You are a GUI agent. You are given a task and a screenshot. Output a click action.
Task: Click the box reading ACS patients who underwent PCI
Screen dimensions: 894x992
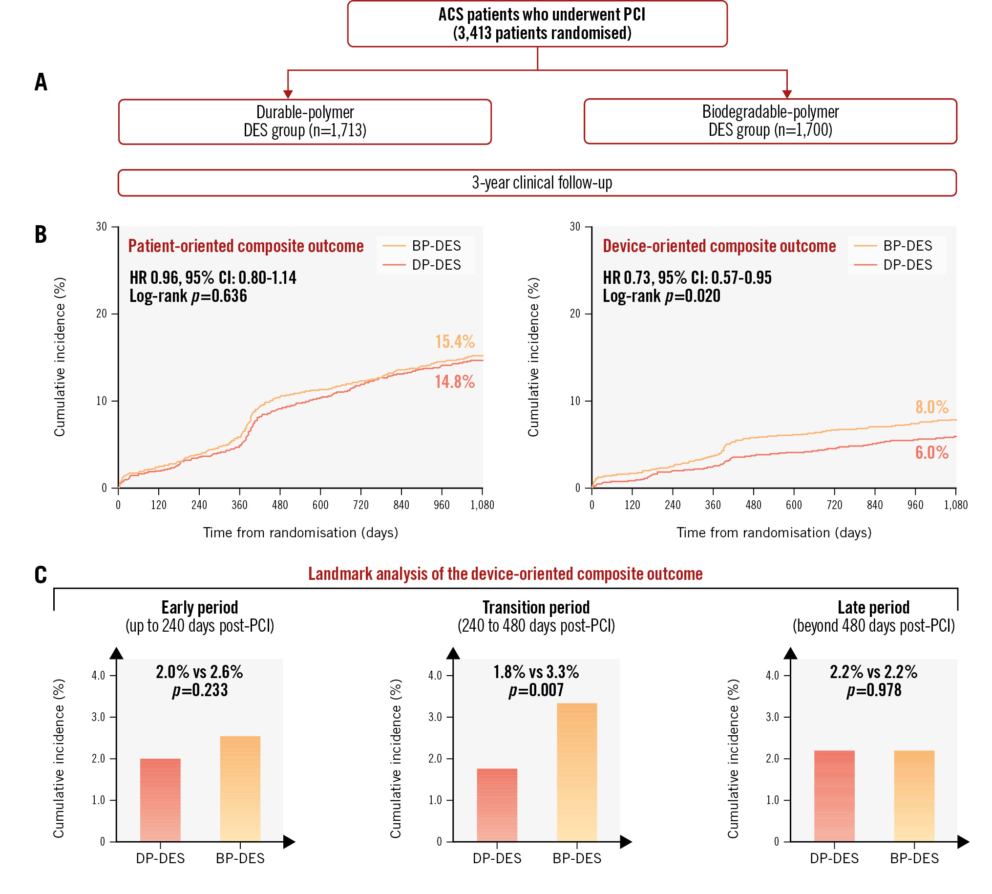click(x=537, y=24)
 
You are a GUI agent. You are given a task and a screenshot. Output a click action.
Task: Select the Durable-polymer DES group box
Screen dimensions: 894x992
click(x=305, y=122)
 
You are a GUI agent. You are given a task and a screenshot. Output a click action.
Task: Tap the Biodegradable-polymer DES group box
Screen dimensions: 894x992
click(x=770, y=121)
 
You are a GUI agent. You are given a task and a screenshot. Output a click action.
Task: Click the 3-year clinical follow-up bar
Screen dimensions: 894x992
click(x=537, y=183)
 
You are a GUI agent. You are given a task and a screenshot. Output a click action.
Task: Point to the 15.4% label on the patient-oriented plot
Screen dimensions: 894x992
click(x=455, y=341)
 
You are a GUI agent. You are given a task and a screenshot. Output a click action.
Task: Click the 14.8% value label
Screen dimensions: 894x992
click(x=455, y=382)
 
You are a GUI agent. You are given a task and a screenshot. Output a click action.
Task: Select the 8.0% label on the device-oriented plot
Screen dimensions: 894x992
click(x=931, y=407)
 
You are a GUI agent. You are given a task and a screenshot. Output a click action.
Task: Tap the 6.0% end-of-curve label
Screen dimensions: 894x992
click(x=931, y=452)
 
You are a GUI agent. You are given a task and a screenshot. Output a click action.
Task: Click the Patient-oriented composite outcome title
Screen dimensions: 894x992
click(x=246, y=246)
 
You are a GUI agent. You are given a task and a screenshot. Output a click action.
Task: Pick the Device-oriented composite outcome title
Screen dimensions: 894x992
click(x=719, y=246)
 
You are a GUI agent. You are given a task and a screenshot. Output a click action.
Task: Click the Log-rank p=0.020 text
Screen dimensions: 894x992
click(x=661, y=296)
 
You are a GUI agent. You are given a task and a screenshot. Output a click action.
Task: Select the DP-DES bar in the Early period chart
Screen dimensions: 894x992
click(x=160, y=800)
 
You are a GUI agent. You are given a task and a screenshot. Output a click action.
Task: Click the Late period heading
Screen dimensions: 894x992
click(x=873, y=608)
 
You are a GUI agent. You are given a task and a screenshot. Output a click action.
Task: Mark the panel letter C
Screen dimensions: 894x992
click(x=41, y=575)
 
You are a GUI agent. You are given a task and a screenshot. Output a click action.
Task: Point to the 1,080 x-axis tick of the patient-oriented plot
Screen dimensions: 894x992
click(x=482, y=505)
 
